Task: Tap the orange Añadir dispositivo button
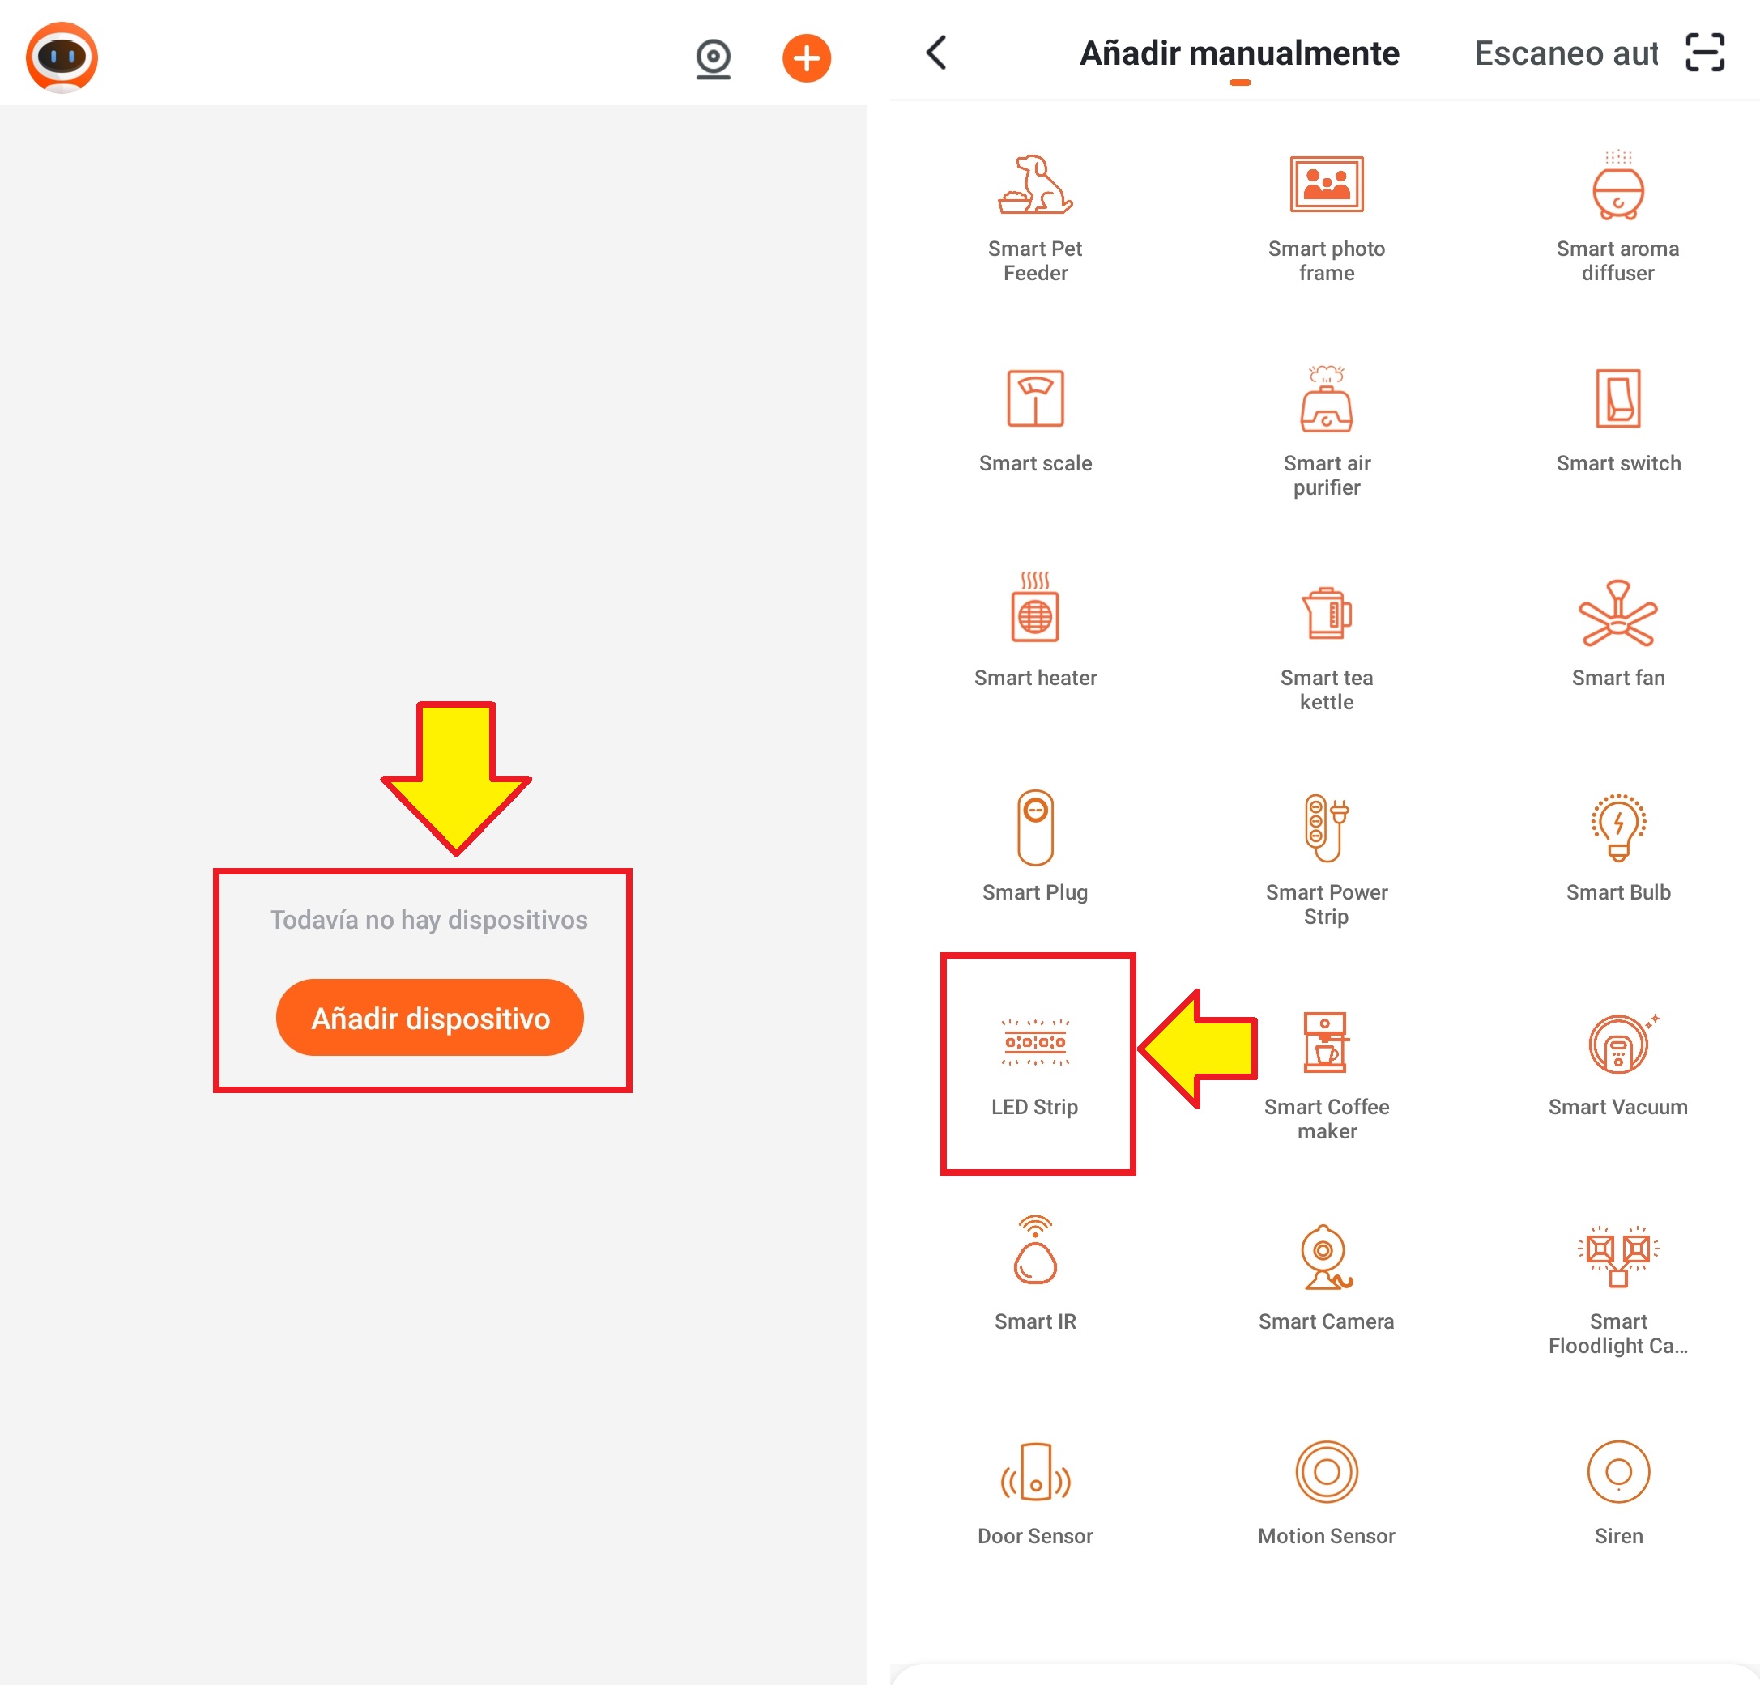point(429,1017)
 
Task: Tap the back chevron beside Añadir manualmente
point(935,52)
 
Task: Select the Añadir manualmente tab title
point(1239,53)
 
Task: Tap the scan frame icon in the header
point(1704,52)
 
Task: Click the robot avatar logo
point(61,57)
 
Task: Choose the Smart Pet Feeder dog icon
point(1035,185)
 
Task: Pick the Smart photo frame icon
point(1327,184)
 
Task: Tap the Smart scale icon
point(1035,398)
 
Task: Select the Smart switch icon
point(1618,398)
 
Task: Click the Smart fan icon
point(1618,614)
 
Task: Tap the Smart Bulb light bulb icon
point(1618,827)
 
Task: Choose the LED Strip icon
point(1035,1042)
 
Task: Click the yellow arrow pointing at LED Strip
point(1198,1049)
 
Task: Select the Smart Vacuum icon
point(1620,1044)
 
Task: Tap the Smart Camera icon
point(1327,1257)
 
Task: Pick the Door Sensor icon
point(1035,1472)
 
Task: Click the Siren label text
point(1618,1536)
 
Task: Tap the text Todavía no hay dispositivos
point(429,920)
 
